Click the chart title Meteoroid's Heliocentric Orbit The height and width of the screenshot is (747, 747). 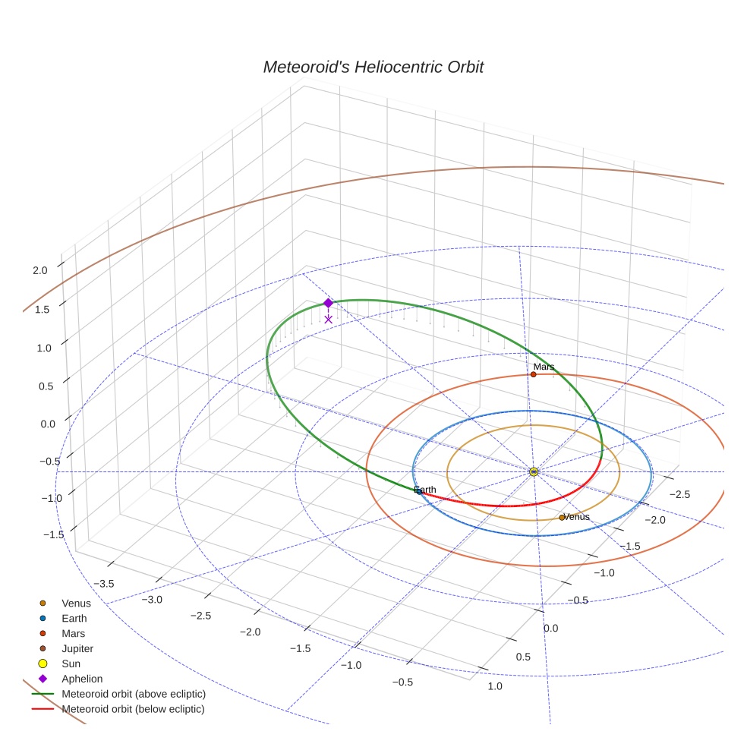click(373, 68)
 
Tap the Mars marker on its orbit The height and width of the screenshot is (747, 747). click(534, 374)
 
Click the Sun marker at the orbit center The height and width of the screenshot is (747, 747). click(534, 471)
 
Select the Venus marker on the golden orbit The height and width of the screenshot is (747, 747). click(562, 518)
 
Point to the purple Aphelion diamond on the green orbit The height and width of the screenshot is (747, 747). click(328, 303)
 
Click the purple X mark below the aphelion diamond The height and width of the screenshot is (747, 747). click(328, 320)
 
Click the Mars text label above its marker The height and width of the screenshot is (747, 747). click(544, 367)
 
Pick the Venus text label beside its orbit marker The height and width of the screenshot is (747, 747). click(577, 517)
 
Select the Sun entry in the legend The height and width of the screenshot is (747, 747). click(71, 663)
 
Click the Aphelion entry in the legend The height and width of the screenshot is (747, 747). click(82, 679)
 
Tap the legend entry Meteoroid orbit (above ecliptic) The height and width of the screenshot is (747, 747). click(134, 694)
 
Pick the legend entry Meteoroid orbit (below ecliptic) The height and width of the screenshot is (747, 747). click(134, 709)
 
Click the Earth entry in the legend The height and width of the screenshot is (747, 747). click(74, 618)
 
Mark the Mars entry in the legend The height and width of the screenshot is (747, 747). click(73, 633)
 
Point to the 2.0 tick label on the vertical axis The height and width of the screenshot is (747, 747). click(40, 269)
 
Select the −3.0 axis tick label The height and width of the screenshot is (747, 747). click(152, 599)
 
